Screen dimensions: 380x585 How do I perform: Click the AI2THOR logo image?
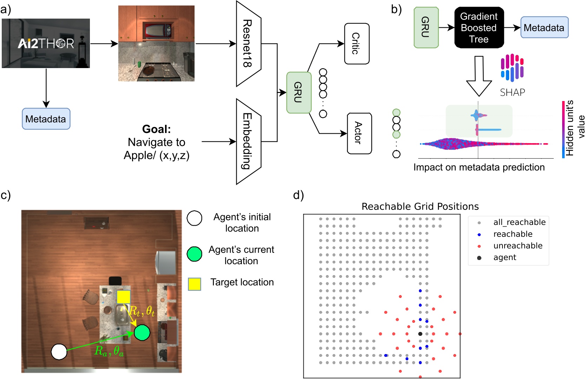[x=46, y=43]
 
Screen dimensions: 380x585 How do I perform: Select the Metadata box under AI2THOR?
[x=46, y=119]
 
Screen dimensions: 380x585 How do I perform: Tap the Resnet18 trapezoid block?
[x=248, y=44]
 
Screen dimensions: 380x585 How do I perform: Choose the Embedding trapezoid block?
[x=248, y=141]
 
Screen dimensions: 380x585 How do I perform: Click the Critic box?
[x=357, y=44]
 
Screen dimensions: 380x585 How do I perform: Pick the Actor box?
[x=359, y=133]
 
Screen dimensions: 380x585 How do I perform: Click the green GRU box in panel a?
[x=298, y=93]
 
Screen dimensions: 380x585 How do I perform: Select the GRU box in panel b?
[x=426, y=27]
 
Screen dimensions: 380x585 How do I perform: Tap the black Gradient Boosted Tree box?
[x=479, y=28]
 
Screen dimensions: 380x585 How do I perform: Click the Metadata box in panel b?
[x=544, y=27]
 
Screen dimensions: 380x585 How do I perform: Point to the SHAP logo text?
[x=512, y=92]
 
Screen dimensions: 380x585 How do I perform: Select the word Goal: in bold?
[x=156, y=129]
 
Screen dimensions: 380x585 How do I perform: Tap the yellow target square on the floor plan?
[x=123, y=297]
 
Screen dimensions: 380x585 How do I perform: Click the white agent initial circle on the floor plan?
[x=59, y=352]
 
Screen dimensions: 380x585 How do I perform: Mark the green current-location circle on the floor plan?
[x=142, y=332]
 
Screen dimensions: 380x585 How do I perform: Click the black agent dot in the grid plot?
[x=420, y=334]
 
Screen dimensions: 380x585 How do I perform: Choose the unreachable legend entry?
[x=518, y=246]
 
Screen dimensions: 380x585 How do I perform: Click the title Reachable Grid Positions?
[x=420, y=206]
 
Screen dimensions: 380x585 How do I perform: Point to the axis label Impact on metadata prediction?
[x=479, y=167]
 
